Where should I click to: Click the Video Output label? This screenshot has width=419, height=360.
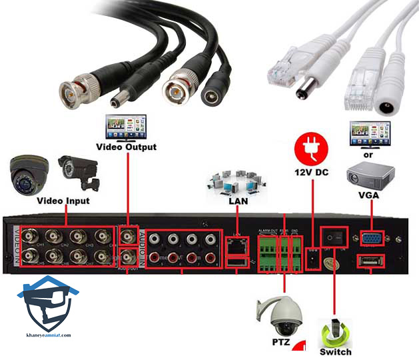point(127,146)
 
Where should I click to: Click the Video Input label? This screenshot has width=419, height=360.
point(63,199)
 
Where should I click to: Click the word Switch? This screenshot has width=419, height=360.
point(336,351)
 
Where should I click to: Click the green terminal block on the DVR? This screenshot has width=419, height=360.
point(276,249)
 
